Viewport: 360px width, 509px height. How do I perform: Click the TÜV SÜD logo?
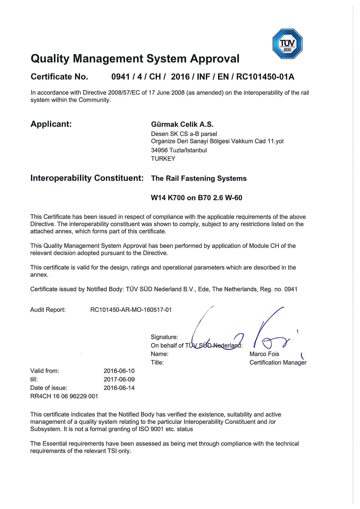tap(287, 44)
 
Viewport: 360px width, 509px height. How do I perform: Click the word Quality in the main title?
tap(50, 59)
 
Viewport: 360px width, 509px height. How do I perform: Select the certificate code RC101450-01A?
tap(265, 77)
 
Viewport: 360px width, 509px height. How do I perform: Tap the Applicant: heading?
tap(51, 124)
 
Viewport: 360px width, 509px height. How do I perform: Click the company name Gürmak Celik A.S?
tap(182, 125)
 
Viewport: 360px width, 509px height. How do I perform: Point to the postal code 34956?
tap(159, 150)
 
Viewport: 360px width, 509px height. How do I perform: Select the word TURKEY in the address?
tap(163, 159)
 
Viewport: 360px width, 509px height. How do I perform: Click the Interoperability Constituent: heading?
tap(87, 178)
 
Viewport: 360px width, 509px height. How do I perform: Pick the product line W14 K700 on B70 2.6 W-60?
tap(196, 198)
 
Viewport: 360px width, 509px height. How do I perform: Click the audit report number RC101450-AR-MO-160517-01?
tap(131, 310)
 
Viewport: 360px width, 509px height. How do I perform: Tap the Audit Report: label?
tap(48, 310)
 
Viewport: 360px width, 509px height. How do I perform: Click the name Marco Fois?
tap(264, 354)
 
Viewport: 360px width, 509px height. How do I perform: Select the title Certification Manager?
tap(278, 362)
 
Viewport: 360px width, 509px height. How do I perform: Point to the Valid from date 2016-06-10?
tap(119, 371)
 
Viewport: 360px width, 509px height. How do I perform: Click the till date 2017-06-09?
tap(119, 379)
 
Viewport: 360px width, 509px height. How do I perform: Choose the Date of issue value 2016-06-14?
tap(119, 388)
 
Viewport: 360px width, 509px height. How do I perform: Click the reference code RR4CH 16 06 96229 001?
tap(64, 396)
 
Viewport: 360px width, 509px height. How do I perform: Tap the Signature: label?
tap(164, 337)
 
